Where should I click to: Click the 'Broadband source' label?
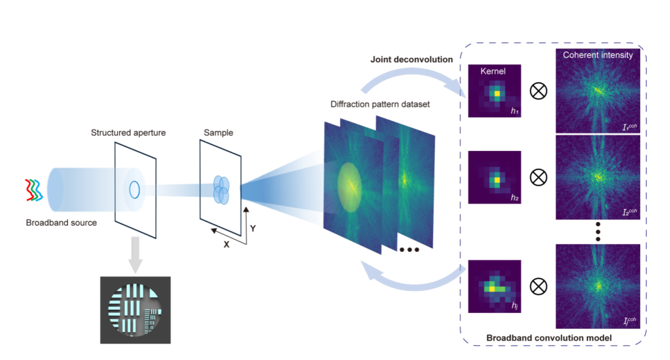point(61,222)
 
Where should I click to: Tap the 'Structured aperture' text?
point(128,133)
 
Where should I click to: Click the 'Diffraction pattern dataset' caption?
point(380,104)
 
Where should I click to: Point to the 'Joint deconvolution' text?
point(411,60)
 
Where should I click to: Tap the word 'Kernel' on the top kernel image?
point(493,71)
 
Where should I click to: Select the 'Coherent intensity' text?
point(598,55)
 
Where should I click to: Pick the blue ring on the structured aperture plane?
point(134,189)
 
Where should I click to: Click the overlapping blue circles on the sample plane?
point(221,189)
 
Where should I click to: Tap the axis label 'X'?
point(226,244)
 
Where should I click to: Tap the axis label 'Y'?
point(252,228)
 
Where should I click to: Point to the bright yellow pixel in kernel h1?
point(496,94)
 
